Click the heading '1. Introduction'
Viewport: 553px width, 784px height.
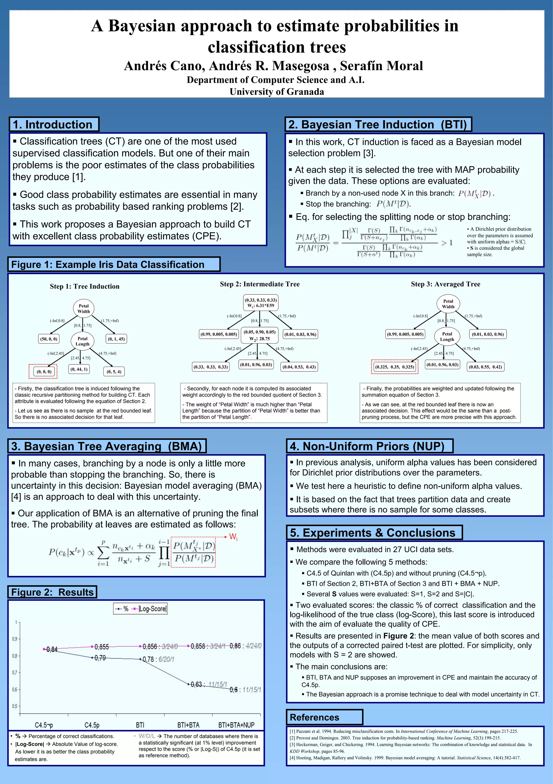tap(53, 125)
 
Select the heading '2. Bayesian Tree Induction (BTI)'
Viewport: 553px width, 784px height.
tap(378, 125)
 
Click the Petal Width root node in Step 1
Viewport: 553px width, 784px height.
tap(84, 309)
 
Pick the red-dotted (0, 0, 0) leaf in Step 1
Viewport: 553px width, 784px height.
tap(44, 371)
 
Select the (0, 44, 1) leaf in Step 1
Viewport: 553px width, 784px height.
tap(79, 369)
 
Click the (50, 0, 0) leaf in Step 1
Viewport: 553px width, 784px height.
tap(49, 339)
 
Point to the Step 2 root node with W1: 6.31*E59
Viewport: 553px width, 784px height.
tap(261, 303)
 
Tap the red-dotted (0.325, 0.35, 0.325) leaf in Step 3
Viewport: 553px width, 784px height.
tap(394, 367)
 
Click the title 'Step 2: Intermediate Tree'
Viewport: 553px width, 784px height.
tap(259, 284)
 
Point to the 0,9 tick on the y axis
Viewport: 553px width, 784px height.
tap(15, 639)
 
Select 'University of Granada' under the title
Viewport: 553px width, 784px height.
tap(277, 92)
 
